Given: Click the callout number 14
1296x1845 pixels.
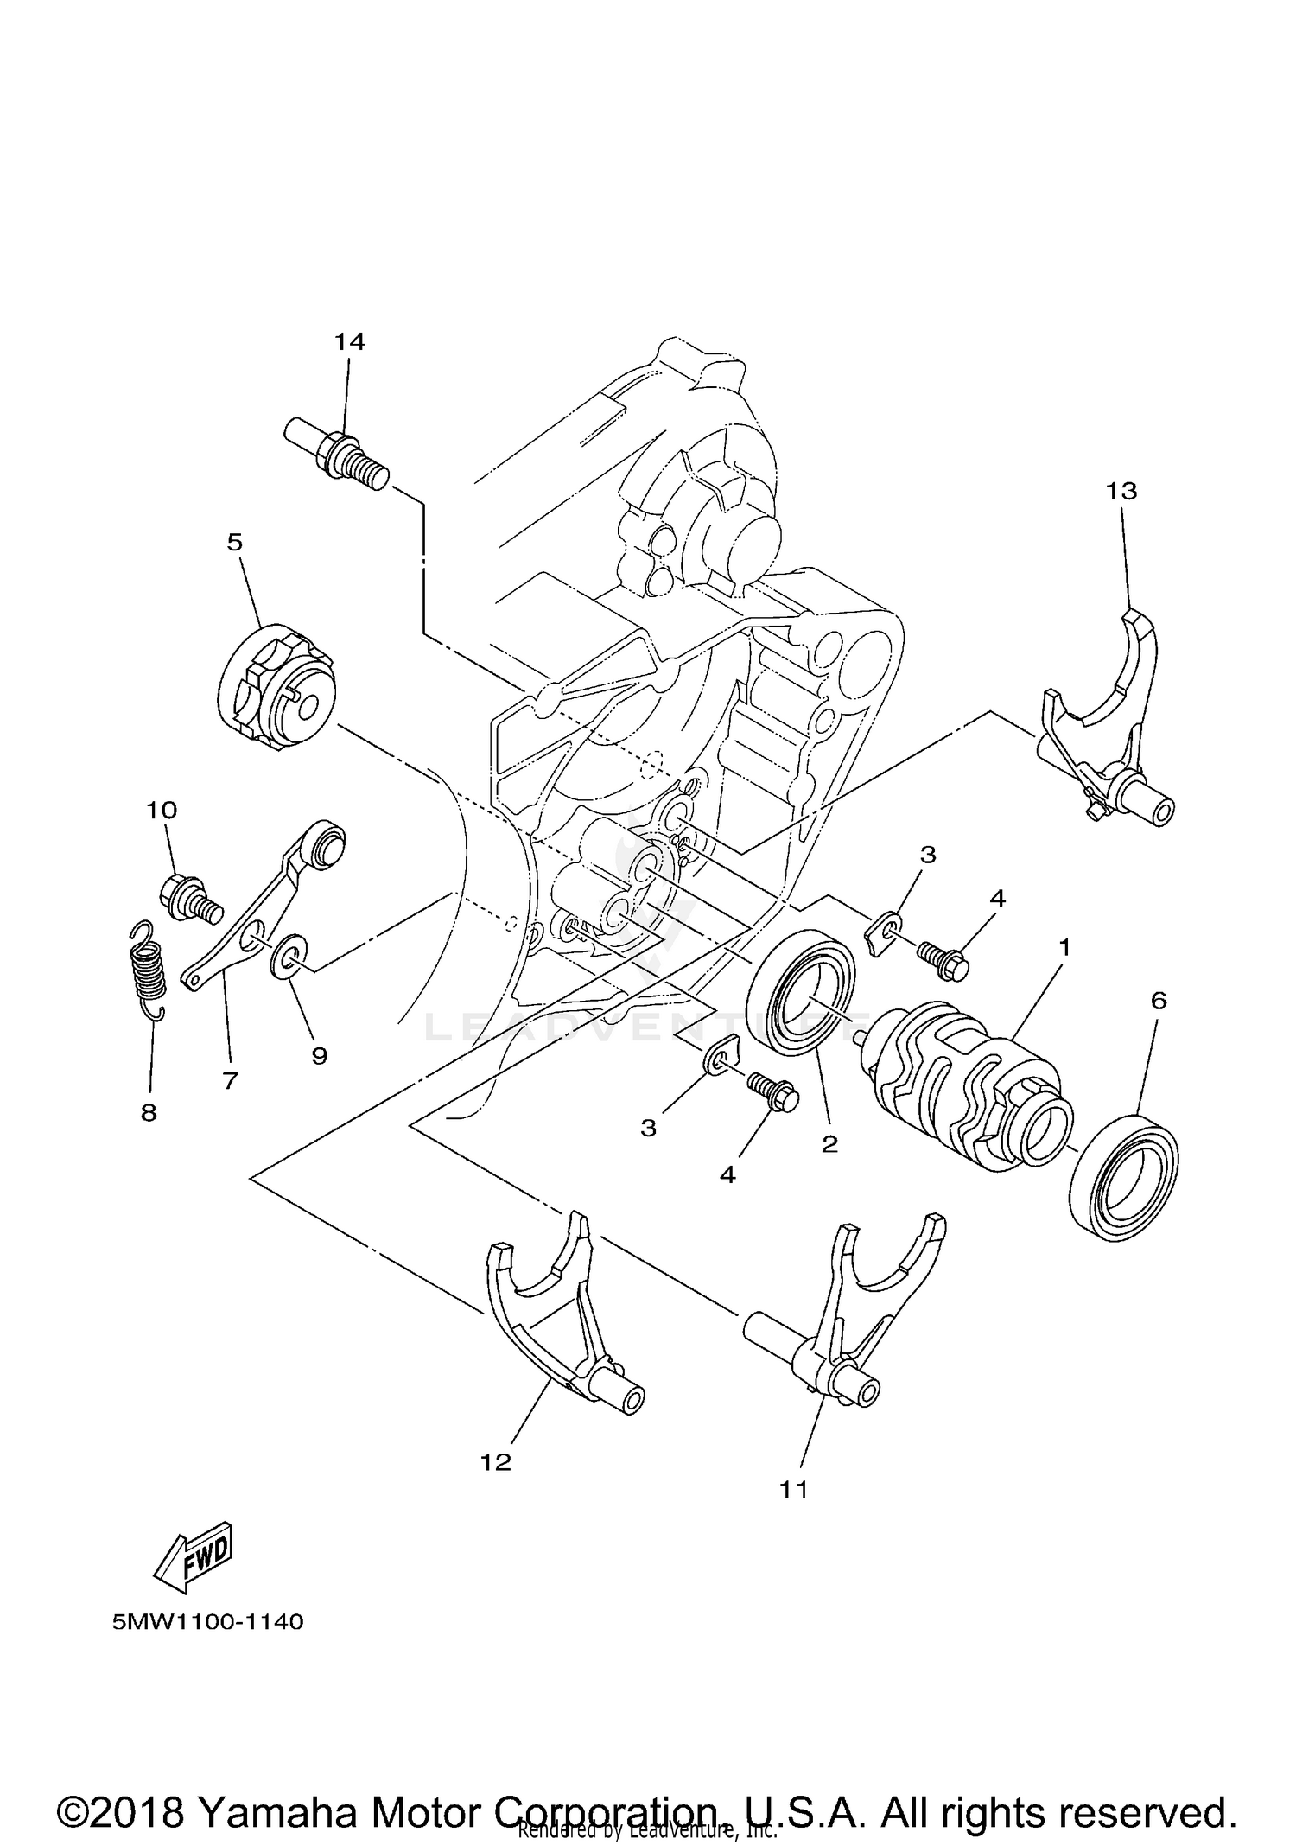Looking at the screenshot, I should tap(350, 342).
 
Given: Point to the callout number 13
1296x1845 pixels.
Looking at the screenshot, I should tap(1121, 491).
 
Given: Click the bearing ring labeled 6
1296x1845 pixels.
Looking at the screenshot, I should tap(1123, 1179).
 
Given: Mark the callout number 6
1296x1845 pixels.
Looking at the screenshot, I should tap(1159, 1001).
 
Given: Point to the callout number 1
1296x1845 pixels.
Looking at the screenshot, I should tap(1064, 948).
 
